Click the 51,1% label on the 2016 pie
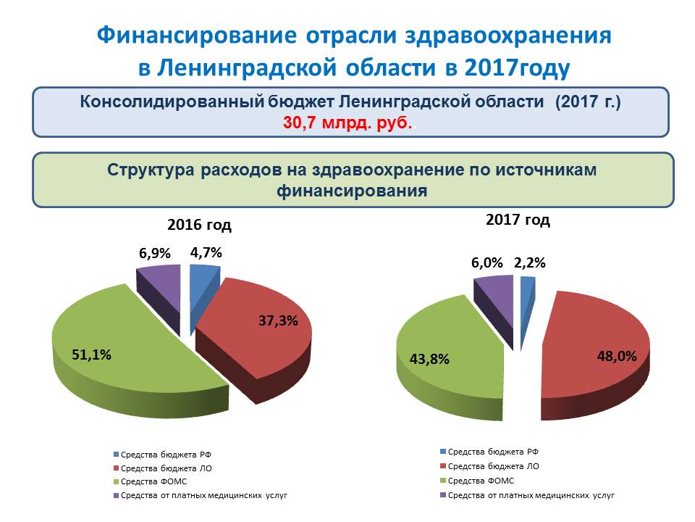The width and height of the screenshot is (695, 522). tap(91, 355)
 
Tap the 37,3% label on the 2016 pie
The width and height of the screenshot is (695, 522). tap(278, 320)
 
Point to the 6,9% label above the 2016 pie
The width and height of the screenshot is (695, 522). tap(155, 253)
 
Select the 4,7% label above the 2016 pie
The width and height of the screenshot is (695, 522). tap(206, 252)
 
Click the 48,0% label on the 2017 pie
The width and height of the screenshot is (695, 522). tap(617, 356)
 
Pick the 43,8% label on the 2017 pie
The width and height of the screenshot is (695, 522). tap(429, 359)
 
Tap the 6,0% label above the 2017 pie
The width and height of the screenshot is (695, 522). tap(487, 262)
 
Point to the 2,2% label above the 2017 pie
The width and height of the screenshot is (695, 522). tap(530, 262)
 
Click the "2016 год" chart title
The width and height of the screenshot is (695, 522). tap(200, 225)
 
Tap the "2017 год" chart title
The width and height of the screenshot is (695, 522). tap(518, 220)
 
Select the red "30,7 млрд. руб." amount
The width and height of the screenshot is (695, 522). tap(347, 123)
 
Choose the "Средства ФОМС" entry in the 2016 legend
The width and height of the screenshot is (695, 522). tap(151, 481)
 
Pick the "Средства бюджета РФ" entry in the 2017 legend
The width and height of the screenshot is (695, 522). tap(489, 452)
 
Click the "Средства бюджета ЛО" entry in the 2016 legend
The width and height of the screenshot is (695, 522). tap(163, 468)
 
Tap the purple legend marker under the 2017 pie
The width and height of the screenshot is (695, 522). tap(443, 495)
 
